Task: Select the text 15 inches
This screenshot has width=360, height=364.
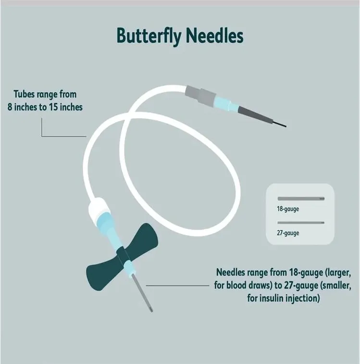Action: click(x=64, y=107)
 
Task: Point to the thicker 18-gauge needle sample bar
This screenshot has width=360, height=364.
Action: click(x=300, y=199)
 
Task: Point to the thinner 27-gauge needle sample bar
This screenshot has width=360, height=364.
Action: click(x=300, y=223)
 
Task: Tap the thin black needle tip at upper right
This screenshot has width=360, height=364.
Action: click(x=279, y=124)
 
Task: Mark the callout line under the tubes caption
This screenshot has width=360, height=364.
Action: click(x=62, y=136)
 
